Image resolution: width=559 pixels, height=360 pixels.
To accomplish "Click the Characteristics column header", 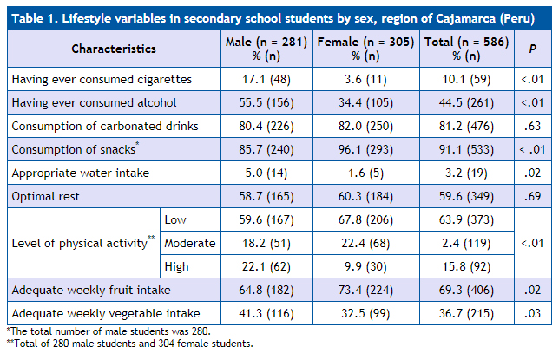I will pos(114,49).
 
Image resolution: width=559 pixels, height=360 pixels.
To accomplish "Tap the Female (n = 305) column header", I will pos(364,49).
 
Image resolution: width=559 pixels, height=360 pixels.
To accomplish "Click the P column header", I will pos(532,49).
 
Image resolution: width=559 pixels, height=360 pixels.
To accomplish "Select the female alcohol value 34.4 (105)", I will pos(364,103).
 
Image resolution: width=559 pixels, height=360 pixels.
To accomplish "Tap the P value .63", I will pos(532,127).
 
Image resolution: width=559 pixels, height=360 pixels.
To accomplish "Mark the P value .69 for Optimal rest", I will pos(532,196).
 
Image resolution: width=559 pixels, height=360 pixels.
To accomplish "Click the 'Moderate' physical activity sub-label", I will pos(190,243).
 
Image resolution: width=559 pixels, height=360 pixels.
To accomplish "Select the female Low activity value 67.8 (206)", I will pos(364,219).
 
